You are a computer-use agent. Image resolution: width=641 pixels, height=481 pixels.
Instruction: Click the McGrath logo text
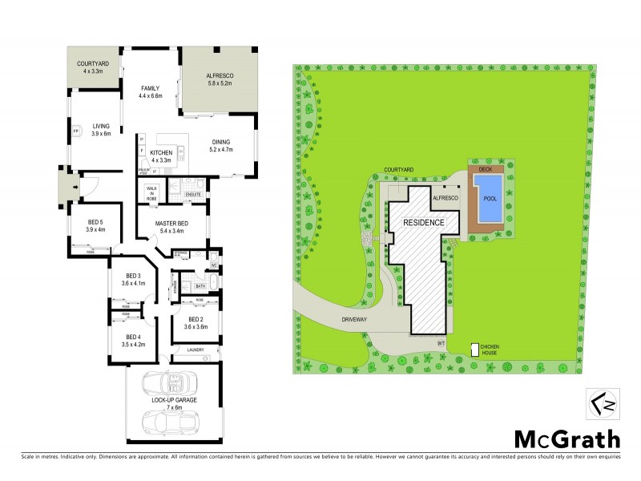pos(566,439)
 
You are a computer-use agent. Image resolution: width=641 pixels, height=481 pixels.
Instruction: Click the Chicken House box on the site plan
pos(475,350)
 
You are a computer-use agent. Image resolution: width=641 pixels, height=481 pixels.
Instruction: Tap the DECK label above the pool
pos(485,170)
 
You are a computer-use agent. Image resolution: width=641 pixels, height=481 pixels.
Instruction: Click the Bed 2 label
pos(196,321)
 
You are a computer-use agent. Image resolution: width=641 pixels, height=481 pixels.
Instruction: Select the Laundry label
pos(196,350)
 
